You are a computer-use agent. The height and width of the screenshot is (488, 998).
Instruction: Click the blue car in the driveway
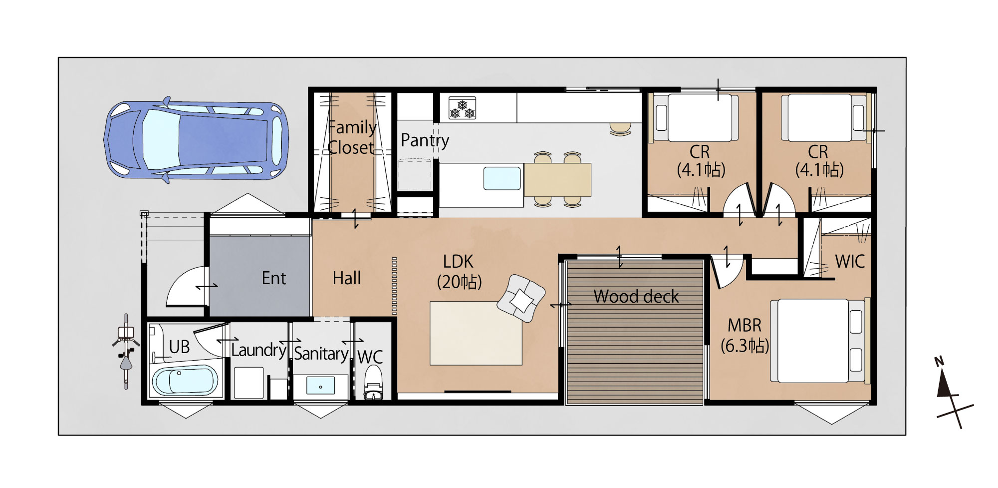[x=196, y=140]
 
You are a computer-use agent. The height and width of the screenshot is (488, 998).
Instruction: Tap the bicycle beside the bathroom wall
[x=126, y=351]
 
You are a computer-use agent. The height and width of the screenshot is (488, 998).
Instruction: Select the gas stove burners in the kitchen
[x=462, y=108]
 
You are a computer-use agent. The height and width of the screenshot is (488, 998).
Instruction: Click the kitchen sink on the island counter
[x=502, y=178]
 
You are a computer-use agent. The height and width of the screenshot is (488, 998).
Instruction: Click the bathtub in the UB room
[x=185, y=381]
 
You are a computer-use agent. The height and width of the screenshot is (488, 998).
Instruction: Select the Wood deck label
[x=636, y=297]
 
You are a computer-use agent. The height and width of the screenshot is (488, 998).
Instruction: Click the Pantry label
[x=425, y=140]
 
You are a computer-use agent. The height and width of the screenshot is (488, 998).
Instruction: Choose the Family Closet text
[x=351, y=137]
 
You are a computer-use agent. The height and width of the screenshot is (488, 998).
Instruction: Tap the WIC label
[x=850, y=261]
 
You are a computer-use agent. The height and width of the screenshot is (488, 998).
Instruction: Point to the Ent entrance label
[x=274, y=278]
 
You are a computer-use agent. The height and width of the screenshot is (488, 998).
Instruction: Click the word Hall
[x=347, y=278]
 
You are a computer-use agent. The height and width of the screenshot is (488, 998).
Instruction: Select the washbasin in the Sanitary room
[x=320, y=386]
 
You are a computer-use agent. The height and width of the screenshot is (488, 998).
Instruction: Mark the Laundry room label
[x=258, y=350]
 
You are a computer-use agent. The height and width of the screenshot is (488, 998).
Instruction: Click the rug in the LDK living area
[x=476, y=333]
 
